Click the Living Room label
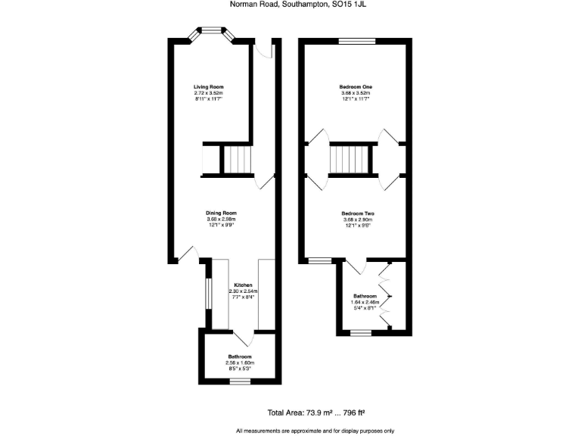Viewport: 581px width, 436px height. coord(209,87)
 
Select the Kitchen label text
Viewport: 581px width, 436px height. coord(243,285)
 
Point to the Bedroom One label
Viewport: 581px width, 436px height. coord(356,87)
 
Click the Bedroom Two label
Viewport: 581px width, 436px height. coord(358,213)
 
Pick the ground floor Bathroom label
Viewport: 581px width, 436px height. coord(240,357)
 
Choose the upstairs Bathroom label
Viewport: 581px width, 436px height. coord(365,296)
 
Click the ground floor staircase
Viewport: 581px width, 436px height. coord(236,160)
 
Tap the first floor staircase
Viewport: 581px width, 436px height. coord(353,160)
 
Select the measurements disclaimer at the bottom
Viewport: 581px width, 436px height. coord(315,431)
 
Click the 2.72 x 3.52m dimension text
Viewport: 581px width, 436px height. coord(209,93)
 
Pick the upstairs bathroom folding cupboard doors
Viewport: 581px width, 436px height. coord(387,295)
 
